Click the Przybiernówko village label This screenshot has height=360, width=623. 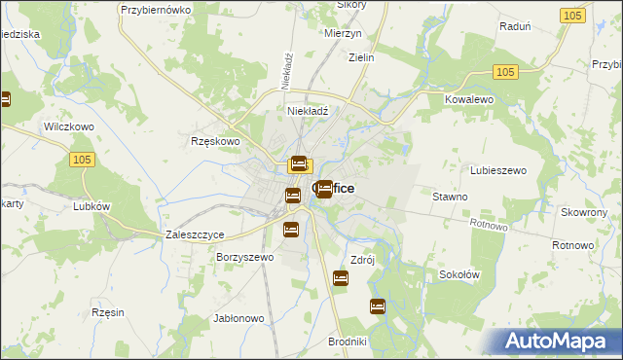coord(153,9)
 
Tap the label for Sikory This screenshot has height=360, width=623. coord(350,5)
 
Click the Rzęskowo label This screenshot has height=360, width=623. coord(215,141)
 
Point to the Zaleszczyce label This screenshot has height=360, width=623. coord(196,235)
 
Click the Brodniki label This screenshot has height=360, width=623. coord(348,342)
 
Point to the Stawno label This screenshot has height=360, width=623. coord(450,197)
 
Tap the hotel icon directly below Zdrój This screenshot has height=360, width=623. coord(341,279)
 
